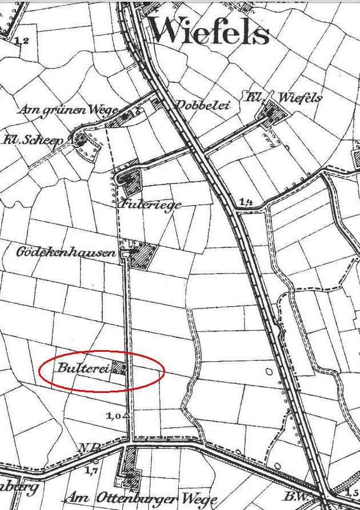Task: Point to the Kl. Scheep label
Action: (x=35, y=140)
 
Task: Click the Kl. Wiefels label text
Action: (x=284, y=97)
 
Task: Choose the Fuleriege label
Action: (x=151, y=203)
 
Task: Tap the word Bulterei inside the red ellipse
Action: (x=82, y=367)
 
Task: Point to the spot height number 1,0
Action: (x=113, y=416)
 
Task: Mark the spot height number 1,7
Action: (x=90, y=470)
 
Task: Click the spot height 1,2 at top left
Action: (x=22, y=40)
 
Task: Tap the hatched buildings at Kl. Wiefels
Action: (x=272, y=113)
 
